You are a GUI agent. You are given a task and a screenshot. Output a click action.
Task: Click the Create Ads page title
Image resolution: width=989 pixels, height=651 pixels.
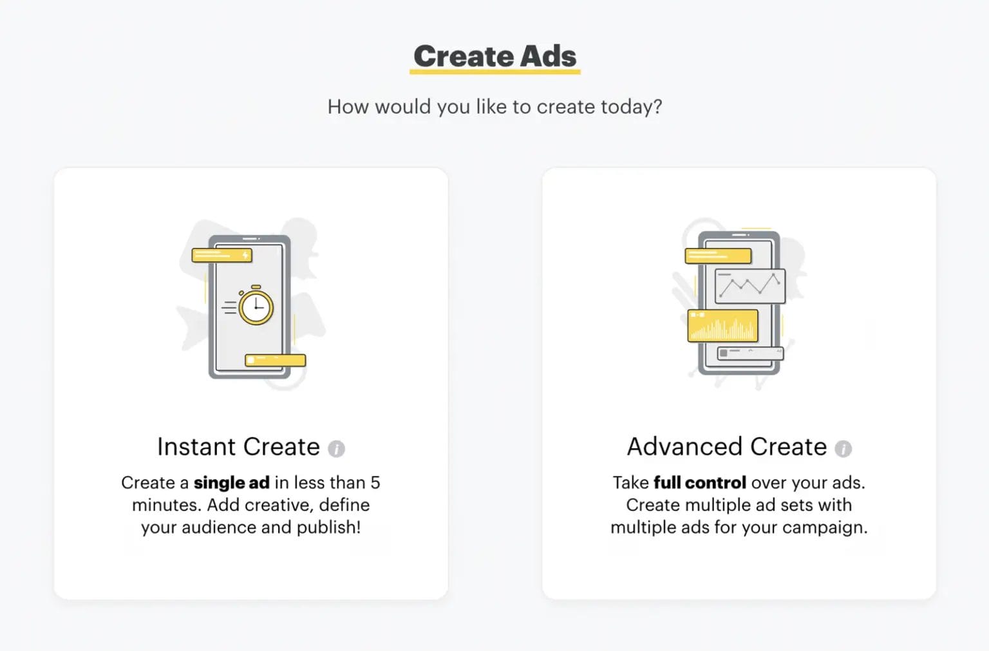point(495,56)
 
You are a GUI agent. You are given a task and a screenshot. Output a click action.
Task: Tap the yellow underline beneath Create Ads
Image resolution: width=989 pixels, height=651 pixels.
point(495,71)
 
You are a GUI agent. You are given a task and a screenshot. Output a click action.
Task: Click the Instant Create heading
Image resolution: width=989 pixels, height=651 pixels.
point(238,446)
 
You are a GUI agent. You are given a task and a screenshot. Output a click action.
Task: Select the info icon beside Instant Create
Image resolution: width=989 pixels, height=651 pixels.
point(337,449)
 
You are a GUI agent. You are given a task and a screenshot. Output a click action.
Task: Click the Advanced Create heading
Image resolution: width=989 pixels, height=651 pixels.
point(727,446)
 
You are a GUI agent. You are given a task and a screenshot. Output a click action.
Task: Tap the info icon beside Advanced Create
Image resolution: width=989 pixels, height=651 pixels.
point(843,449)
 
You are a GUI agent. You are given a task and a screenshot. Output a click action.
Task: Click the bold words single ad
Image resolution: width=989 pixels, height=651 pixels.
point(232,483)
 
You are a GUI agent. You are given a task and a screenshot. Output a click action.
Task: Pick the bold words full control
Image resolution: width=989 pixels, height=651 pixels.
point(700,483)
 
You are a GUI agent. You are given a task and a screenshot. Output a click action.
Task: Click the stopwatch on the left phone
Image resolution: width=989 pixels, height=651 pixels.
point(256,305)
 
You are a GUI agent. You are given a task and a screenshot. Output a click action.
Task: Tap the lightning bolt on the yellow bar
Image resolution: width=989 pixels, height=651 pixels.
point(245,255)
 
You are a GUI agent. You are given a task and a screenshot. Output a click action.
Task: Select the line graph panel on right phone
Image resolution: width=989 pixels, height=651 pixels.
point(750,286)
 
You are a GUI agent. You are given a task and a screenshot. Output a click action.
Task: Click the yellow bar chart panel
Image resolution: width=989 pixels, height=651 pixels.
point(723,326)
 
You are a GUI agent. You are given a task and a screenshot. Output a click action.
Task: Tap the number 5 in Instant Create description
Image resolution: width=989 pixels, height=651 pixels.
point(375,483)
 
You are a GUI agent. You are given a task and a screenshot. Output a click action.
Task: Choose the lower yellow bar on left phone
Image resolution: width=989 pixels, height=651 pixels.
point(276,361)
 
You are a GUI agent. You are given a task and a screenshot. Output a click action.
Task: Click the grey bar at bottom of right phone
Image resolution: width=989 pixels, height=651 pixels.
point(750,353)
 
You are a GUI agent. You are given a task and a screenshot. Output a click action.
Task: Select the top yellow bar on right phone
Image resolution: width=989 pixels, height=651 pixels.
point(718,256)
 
